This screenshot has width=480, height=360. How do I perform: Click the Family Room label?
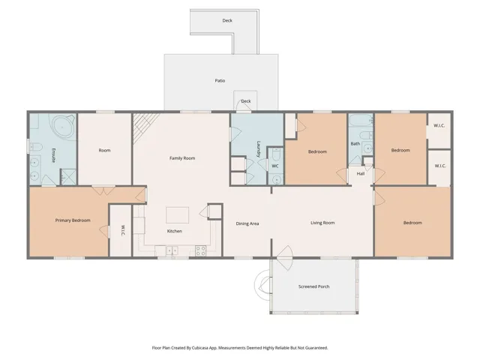pyautogui.click(x=182, y=158)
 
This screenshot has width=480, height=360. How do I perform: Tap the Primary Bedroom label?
pyautogui.click(x=73, y=220)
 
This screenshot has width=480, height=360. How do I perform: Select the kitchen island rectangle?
pyautogui.click(x=177, y=215)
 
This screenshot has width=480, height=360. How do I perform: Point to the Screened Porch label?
pyautogui.click(x=313, y=286)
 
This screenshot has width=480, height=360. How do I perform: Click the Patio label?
pyautogui.click(x=220, y=80)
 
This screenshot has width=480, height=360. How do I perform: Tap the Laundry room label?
pyautogui.click(x=259, y=148)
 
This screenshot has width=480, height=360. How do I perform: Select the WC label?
pyautogui.click(x=275, y=166)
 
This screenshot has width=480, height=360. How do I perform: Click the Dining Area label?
pyautogui.click(x=247, y=223)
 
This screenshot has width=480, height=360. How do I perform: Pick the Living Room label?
pyautogui.click(x=322, y=223)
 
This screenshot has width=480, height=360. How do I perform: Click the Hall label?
pyautogui.click(x=361, y=174)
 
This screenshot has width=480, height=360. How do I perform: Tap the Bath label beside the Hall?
pyautogui.click(x=355, y=143)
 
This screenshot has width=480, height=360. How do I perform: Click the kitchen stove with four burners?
pyautogui.click(x=201, y=250)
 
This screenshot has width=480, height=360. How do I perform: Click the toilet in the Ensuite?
pyautogui.click(x=35, y=147)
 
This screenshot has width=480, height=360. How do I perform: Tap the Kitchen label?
pyautogui.click(x=175, y=231)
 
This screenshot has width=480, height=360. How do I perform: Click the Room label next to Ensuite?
pyautogui.click(x=104, y=150)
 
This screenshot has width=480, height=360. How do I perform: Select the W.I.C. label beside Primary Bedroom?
pyautogui.click(x=123, y=230)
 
